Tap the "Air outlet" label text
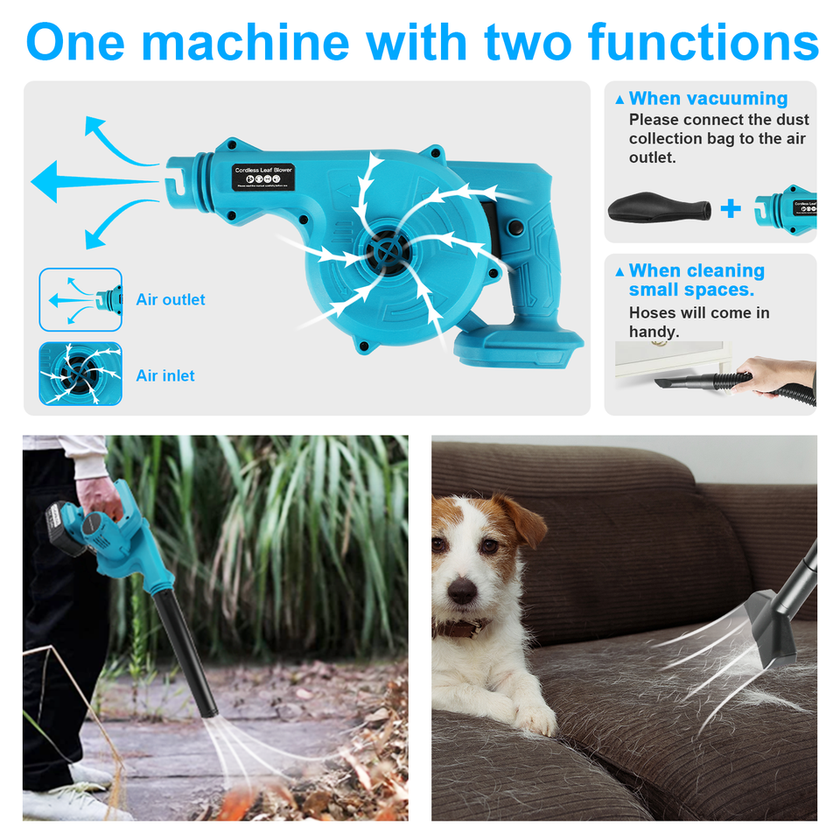pyautogui.click(x=171, y=300)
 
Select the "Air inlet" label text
pyautogui.click(x=165, y=376)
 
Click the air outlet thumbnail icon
pyautogui.click(x=80, y=300)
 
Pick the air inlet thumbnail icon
pyautogui.click(x=80, y=374)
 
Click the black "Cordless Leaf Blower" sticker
pyautogui.click(x=263, y=176)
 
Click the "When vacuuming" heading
pyautogui.click(x=708, y=99)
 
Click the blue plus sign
pyautogui.click(x=731, y=208)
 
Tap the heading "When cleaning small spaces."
pyautogui.click(x=696, y=280)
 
